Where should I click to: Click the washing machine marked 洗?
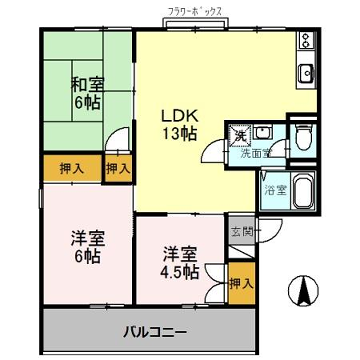pyautogui.click(x=239, y=132)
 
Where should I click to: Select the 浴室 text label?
pyautogui.click(x=273, y=190)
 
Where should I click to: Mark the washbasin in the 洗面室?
pyautogui.click(x=262, y=131)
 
